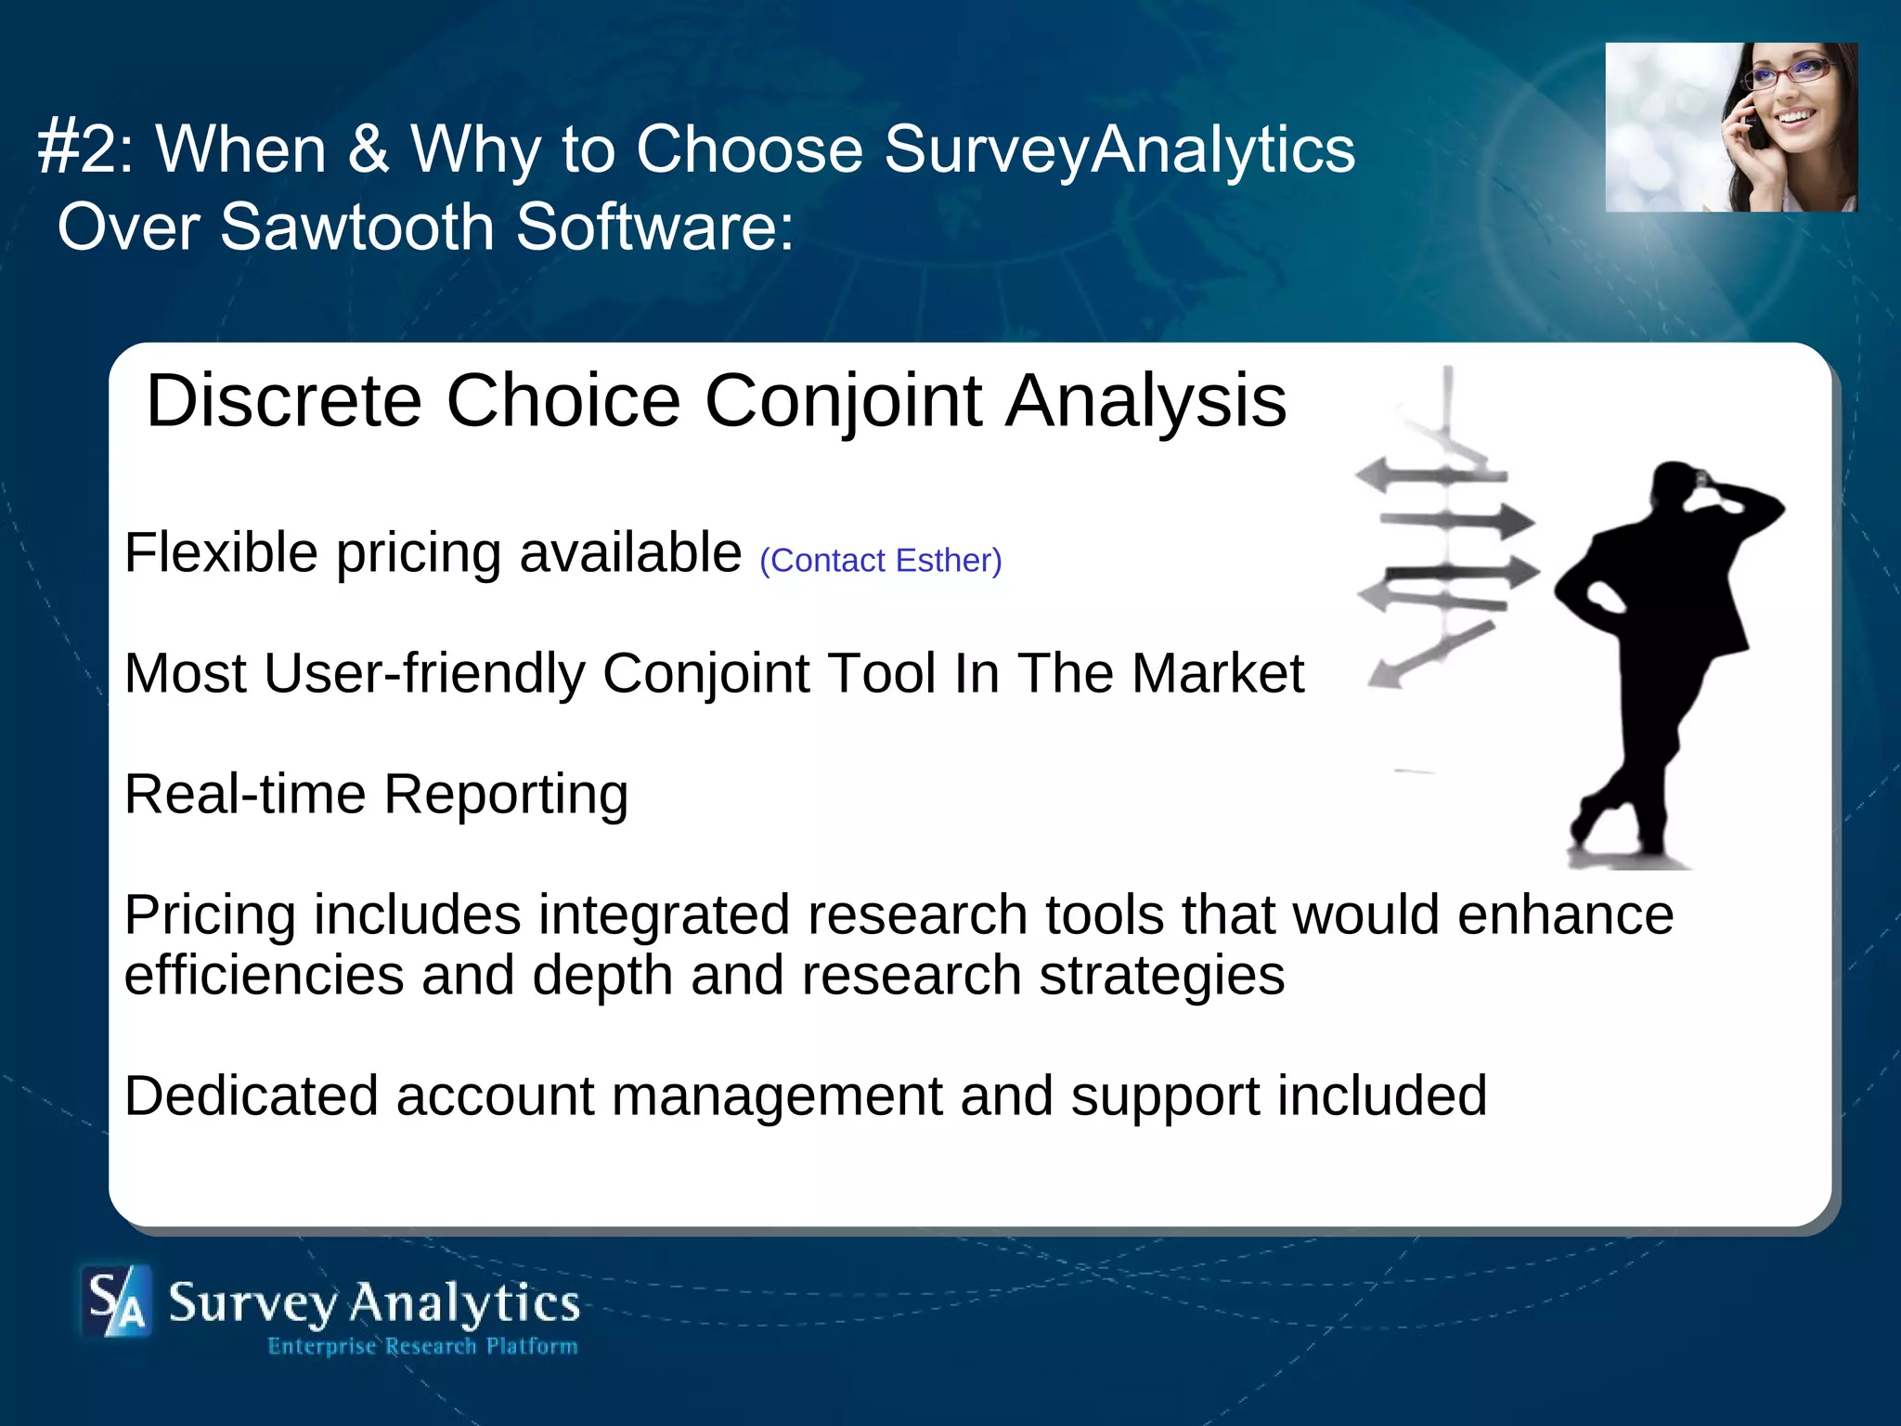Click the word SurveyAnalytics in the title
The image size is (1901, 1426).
(x=1119, y=150)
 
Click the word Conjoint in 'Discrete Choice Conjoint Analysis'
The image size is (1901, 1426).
(x=843, y=401)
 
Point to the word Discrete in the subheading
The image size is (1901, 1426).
(x=284, y=401)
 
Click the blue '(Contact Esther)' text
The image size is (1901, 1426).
(x=880, y=561)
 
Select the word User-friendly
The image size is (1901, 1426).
(x=424, y=673)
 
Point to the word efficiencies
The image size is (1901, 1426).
(x=264, y=976)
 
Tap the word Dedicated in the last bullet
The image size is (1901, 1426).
(x=252, y=1095)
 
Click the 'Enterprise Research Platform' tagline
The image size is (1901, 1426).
(x=422, y=1346)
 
